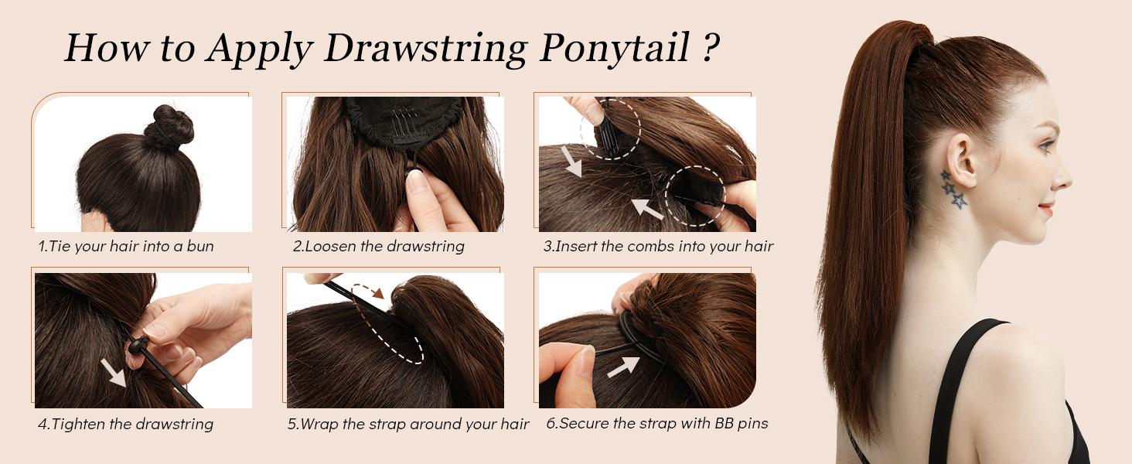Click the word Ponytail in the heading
[614, 48]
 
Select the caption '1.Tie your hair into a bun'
[126, 247]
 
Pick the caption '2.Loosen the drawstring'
[378, 247]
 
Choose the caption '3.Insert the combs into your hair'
[658, 247]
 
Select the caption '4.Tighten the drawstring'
[125, 424]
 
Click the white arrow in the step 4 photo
[113, 372]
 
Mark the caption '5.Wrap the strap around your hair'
[408, 424]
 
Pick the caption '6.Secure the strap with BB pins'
[657, 424]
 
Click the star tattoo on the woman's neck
[953, 189]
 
